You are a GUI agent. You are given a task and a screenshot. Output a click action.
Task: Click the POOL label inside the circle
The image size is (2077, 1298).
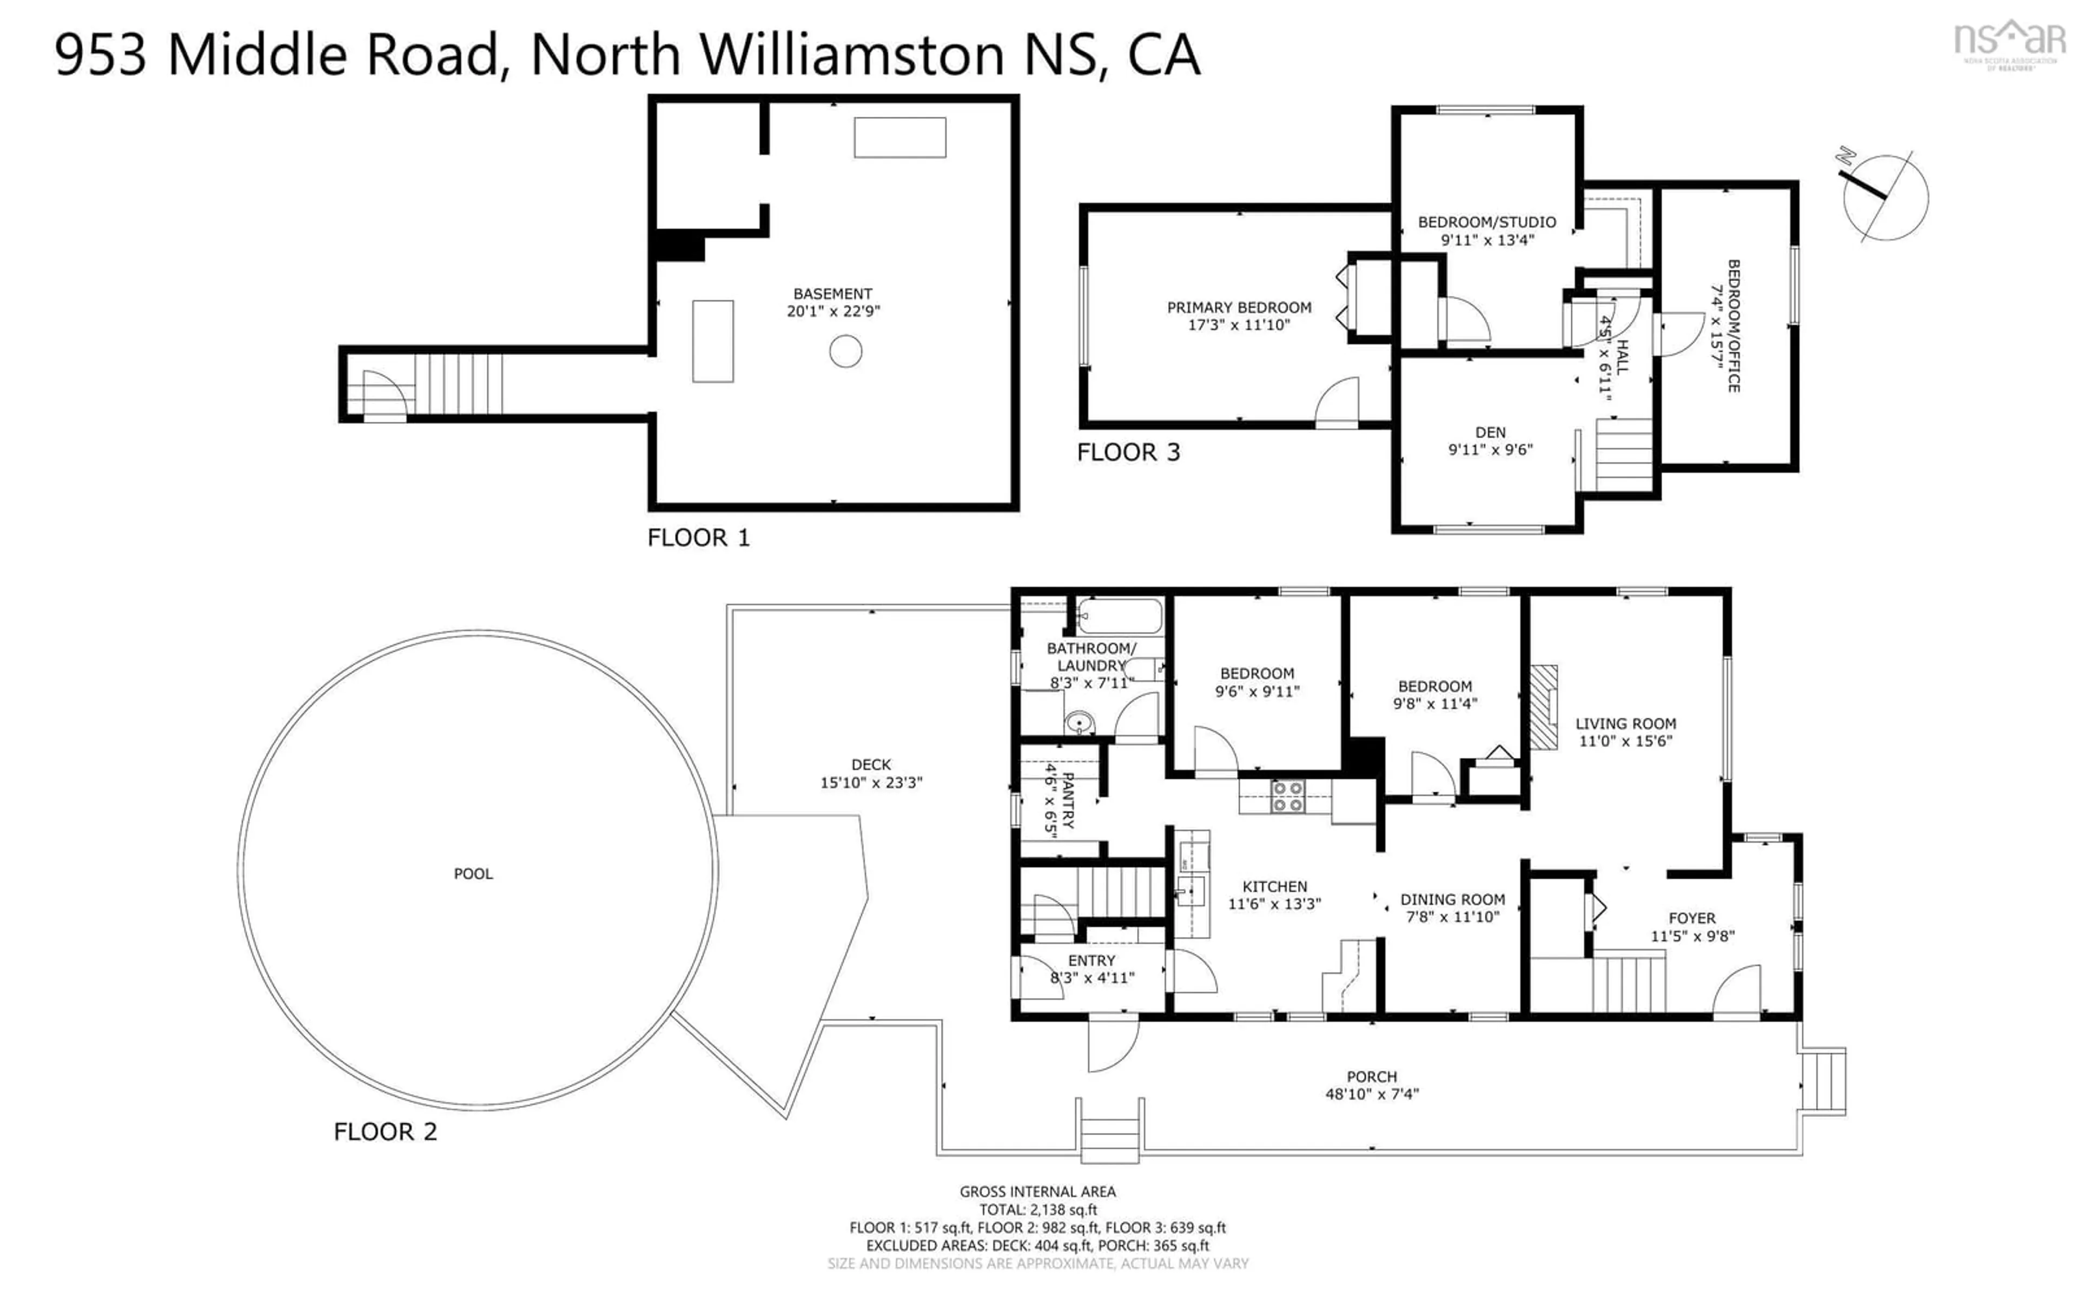tap(473, 874)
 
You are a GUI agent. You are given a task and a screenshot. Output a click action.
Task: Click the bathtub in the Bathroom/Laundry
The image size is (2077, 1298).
tap(1119, 617)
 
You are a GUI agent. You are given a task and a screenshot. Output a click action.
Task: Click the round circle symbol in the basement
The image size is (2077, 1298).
tap(845, 351)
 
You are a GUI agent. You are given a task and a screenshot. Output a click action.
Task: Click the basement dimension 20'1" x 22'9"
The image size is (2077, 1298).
tap(834, 312)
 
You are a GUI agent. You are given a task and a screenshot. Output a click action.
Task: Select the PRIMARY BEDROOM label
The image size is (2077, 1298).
tap(1239, 307)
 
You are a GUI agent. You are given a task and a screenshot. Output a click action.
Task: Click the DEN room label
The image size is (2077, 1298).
tap(1490, 433)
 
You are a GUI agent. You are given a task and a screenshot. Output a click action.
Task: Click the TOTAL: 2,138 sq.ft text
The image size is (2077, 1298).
tap(1037, 1210)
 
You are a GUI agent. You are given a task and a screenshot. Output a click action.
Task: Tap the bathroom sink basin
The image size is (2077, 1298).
tap(1080, 723)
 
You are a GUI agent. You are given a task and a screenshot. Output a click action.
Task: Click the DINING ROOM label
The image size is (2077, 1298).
tap(1452, 899)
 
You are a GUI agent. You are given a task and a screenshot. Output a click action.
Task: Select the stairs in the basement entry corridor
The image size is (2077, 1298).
tap(458, 384)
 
